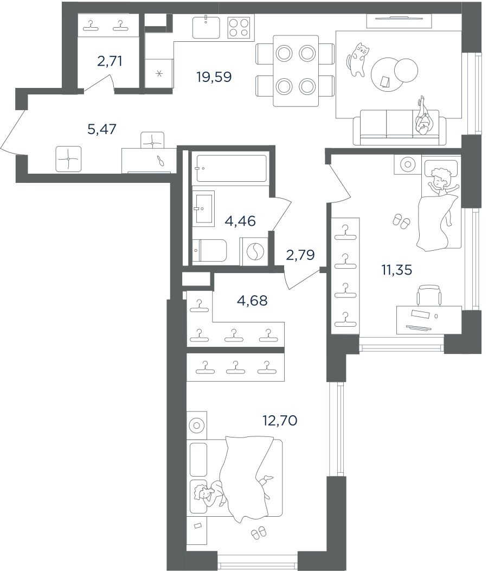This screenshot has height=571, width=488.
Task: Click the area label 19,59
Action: tap(214, 77)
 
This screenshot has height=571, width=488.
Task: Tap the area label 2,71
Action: tap(110, 61)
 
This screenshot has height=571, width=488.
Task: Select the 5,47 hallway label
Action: tap(102, 129)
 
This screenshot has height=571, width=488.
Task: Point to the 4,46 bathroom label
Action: tap(240, 221)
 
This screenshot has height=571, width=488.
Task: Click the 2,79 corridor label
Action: tap(300, 255)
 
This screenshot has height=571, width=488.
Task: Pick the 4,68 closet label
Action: tap(252, 301)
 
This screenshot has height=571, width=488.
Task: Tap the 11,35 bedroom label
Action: tap(397, 270)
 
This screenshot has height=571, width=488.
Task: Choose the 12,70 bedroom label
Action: tap(280, 421)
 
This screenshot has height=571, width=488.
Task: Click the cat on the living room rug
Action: tap(358, 59)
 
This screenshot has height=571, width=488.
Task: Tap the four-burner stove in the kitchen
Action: tap(239, 28)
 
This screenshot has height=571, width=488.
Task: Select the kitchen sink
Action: tap(206, 27)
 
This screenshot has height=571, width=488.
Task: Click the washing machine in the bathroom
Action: tap(254, 251)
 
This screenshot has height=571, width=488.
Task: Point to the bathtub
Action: tap(232, 169)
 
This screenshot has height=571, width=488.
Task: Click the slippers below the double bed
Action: tap(259, 532)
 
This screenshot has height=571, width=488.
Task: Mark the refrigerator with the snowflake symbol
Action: tap(159, 74)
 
